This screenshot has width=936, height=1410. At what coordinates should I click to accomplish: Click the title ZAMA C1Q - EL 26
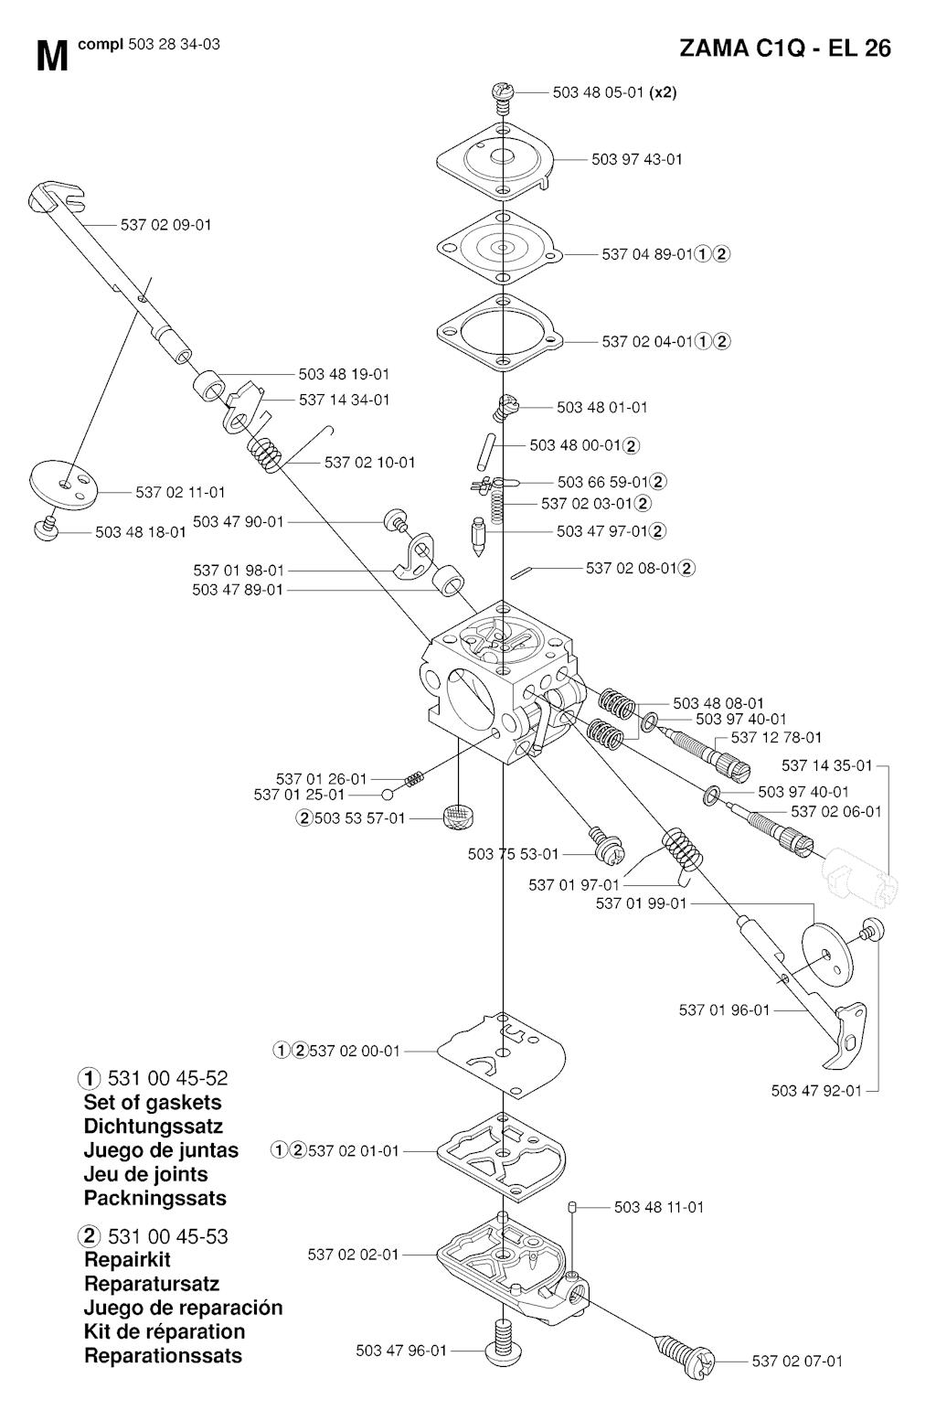[785, 48]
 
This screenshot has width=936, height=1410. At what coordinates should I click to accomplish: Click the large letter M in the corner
[52, 57]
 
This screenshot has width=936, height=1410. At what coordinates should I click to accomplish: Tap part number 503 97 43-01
[636, 159]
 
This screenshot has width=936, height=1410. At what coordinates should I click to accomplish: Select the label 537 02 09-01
[166, 224]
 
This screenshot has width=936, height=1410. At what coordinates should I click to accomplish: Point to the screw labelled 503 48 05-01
[500, 93]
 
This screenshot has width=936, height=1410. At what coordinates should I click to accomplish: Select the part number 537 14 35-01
[827, 764]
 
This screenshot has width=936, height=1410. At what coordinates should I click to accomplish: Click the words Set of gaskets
[153, 1103]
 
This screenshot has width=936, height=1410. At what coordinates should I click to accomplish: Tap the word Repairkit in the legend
[127, 1260]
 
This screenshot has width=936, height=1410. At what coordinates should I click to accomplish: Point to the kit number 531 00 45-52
[168, 1078]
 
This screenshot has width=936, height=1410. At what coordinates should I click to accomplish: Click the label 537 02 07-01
[797, 1362]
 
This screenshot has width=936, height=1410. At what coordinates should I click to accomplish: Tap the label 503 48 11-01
[659, 1207]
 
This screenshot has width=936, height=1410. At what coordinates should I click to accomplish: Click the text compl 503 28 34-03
[149, 44]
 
